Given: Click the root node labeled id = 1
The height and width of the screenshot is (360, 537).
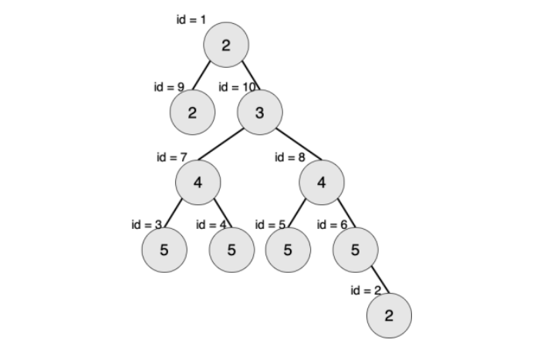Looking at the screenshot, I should point(226,45).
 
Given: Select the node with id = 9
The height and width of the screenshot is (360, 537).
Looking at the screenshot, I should point(192,113).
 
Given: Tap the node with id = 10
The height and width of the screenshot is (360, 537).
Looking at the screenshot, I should point(260,113).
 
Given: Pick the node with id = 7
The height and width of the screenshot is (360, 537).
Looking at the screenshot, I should point(198,183).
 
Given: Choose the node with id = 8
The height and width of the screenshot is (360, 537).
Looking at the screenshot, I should point(322,183).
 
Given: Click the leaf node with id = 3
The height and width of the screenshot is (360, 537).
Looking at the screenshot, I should point(164,251).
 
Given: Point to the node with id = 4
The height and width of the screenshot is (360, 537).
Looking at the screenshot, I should point(231,251).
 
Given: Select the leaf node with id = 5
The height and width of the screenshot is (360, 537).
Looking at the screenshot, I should point(288,251).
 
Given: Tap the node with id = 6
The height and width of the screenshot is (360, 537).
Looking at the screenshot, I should point(356,251).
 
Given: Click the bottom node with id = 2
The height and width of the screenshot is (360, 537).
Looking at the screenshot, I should point(389,315).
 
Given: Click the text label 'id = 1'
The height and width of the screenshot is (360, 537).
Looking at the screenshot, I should point(191,19).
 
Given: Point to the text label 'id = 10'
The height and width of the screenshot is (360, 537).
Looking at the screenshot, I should point(237,87).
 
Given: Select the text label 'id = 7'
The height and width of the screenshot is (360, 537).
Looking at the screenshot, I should point(172,157).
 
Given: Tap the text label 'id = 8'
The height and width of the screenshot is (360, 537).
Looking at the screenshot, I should point(290,157).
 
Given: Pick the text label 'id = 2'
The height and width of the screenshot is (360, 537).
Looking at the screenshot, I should point(365,291).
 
